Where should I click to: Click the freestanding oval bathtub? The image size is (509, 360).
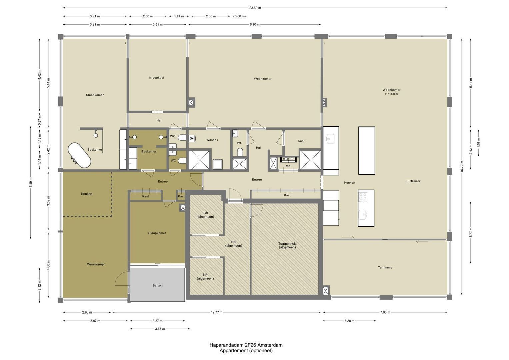coord(79,155)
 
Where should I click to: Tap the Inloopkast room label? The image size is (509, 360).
coord(156,78)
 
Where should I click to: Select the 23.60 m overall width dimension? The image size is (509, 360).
coord(255,8)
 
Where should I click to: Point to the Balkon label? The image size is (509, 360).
coord(157,285)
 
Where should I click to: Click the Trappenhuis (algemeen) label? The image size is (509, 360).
coord(287,245)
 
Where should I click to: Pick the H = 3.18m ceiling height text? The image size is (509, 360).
coord(391,94)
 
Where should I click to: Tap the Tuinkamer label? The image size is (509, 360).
coord(386,267)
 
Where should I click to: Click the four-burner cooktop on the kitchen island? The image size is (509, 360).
coord(363,197)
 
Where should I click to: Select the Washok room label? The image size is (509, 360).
coord(212,140)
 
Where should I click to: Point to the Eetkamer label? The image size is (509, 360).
coord(414,181)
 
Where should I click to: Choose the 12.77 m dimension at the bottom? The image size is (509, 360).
coord(217,312)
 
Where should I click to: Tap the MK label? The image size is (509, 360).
coord(288,166)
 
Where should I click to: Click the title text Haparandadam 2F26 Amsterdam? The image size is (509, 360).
coord(246,345)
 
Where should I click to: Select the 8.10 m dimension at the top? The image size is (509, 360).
coord(255,25)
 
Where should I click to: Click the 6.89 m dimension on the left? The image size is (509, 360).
coord(31,183)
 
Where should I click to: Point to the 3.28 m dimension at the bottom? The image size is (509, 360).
coord(349,321)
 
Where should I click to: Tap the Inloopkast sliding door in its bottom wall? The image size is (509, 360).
coord(157,112)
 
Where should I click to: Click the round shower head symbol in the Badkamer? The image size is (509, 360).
coord(96,135)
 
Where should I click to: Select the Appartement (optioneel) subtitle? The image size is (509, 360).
coord(246,350)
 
